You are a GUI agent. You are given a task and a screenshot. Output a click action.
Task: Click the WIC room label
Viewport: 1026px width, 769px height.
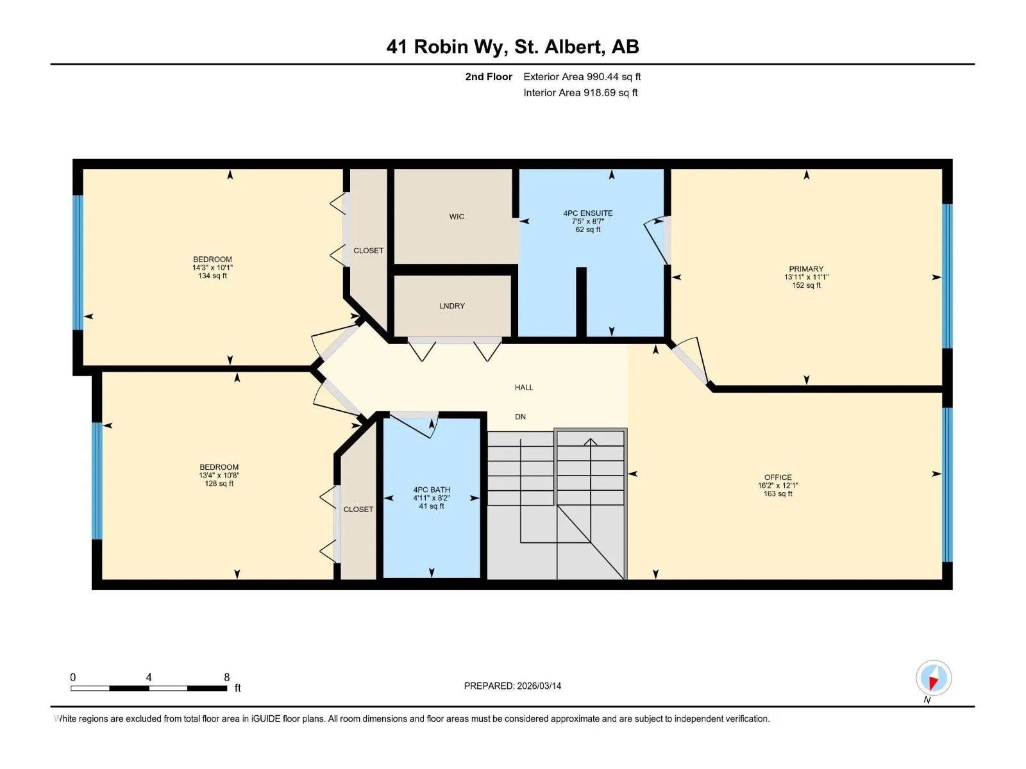[456, 217]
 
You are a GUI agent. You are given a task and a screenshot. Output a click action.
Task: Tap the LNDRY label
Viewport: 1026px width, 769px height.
[451, 306]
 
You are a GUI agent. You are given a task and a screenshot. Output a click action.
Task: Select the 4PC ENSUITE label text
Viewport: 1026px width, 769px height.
[587, 213]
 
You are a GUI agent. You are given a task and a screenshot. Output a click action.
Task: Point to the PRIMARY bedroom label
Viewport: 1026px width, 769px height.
[806, 269]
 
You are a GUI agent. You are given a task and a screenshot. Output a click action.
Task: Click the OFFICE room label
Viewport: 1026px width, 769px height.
[778, 477]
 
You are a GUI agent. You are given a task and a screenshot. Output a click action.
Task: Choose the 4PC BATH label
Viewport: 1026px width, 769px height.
[431, 490]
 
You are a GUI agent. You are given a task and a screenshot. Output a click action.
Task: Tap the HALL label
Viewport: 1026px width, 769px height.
[523, 387]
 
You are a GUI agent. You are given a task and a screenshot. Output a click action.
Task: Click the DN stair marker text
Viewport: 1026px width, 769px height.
[520, 417]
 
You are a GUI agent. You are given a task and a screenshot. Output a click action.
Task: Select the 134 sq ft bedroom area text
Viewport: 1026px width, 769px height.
[212, 276]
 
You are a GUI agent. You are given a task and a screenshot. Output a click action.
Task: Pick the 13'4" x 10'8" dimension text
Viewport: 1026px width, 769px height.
[219, 475]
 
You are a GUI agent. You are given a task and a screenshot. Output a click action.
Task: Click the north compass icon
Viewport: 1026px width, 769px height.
[933, 677]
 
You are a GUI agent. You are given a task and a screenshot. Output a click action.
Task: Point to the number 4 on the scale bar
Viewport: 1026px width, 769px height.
[149, 677]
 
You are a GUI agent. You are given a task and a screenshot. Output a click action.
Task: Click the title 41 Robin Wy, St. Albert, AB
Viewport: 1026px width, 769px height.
[512, 47]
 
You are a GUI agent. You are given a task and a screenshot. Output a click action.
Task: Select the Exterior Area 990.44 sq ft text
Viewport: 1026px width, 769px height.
[582, 76]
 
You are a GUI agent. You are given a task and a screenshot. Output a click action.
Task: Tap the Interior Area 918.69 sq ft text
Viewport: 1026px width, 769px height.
[580, 92]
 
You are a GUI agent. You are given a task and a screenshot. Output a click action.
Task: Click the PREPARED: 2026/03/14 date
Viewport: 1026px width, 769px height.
[512, 686]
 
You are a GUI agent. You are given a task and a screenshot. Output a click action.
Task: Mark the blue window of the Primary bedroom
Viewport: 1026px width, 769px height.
[946, 276]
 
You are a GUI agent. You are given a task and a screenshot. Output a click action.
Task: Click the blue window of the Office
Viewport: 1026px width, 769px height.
[946, 484]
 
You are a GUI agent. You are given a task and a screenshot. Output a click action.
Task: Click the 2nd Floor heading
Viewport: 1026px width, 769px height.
[488, 76]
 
